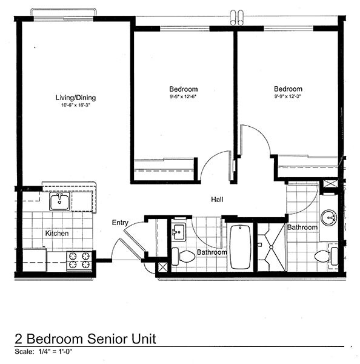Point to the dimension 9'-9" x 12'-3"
pyautogui.click(x=288, y=96)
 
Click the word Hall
pyautogui.click(x=218, y=199)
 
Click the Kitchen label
pyautogui.click(x=56, y=233)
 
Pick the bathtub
pyautogui.click(x=241, y=247)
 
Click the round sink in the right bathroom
pyautogui.click(x=330, y=217)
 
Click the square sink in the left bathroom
pyautogui.click(x=178, y=231)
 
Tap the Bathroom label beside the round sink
pyautogui.click(x=302, y=227)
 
